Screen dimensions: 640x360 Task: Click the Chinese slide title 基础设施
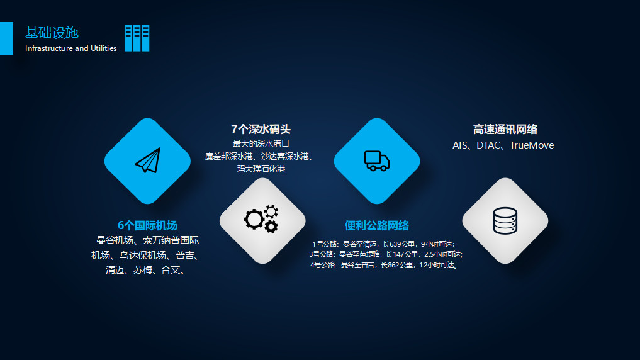52,33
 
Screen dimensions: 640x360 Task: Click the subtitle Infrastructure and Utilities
71,48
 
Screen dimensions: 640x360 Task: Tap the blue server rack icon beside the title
137,38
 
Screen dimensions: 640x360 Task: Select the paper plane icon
148,160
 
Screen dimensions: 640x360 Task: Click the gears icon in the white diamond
261,218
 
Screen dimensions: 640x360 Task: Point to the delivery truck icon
377,161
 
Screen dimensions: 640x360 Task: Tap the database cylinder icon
505,221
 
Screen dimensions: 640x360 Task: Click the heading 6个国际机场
147,225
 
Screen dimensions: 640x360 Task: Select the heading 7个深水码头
261,130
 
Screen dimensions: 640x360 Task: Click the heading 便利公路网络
377,225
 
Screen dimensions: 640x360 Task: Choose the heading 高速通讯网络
505,130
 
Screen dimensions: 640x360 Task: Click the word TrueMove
532,145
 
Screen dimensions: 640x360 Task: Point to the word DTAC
488,145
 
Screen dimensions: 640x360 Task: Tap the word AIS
459,145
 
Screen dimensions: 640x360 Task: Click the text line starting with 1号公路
383,244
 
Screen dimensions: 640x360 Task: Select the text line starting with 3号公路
385,254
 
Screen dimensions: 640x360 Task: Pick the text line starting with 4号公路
384,265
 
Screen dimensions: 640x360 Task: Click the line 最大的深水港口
261,143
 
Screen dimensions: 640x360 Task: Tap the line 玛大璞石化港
261,169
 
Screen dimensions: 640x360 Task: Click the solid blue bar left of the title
6,38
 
